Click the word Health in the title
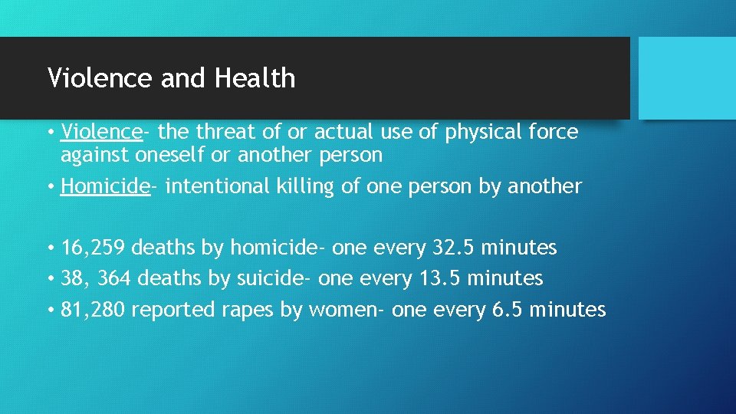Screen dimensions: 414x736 255,78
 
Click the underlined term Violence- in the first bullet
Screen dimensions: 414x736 103,132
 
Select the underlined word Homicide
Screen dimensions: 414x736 105,186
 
